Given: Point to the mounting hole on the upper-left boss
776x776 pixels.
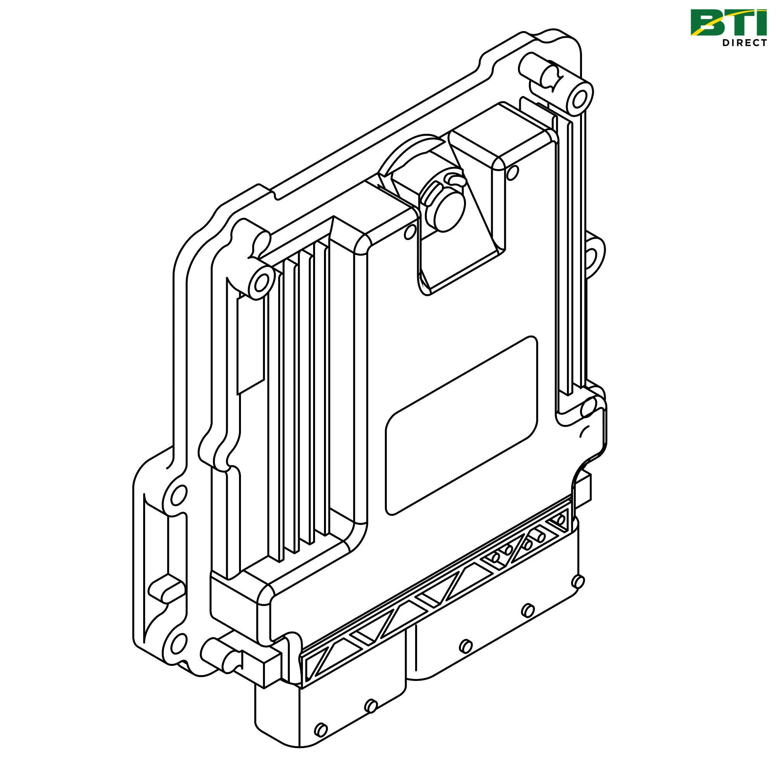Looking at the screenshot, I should point(262,284).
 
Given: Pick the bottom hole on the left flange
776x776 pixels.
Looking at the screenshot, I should point(178,643).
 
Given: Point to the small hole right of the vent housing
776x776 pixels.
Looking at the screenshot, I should point(512,173).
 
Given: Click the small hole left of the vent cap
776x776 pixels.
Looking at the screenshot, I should point(411,230).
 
